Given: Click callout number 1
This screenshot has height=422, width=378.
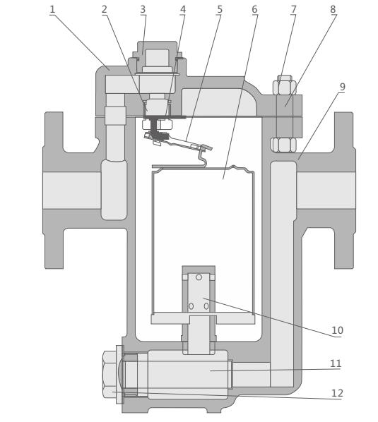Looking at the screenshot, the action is [x=52, y=9].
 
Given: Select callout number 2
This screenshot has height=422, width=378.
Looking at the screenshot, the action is [x=105, y=9].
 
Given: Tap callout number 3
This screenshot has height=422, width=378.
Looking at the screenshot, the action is [x=143, y=9].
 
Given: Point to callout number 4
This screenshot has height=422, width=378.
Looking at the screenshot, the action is [x=183, y=9].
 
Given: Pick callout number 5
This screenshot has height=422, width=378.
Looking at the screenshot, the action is [x=220, y=9].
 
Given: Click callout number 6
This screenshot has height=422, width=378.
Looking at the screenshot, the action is [x=254, y=9].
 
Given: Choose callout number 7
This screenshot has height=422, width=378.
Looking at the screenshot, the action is [x=293, y=9].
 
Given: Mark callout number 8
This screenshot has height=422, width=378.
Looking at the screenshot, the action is [x=333, y=9].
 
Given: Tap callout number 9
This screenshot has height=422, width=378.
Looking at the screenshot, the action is [x=342, y=87].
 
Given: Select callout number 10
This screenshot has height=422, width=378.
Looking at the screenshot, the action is [x=337, y=330].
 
